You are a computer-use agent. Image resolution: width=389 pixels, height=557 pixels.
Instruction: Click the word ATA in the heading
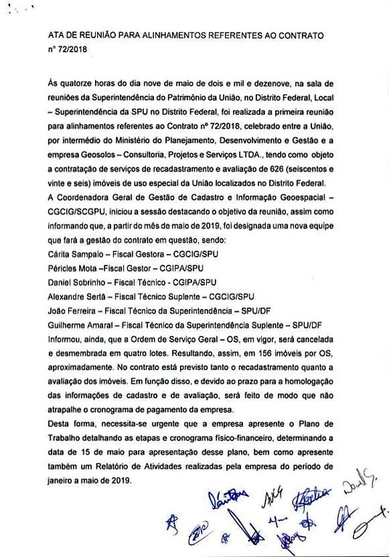(x=55, y=35)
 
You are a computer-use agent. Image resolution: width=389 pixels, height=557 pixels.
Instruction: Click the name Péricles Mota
(x=73, y=270)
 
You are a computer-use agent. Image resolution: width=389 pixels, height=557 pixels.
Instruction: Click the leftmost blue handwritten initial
(x=171, y=524)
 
